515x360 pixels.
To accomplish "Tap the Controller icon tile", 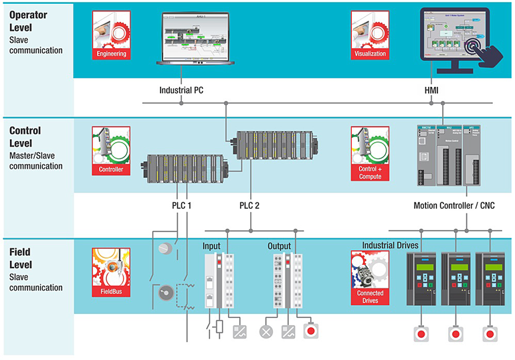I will point(111,151).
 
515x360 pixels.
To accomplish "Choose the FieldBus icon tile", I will point(111,272).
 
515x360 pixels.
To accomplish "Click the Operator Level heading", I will point(31,23).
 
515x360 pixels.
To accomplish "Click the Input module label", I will point(211,246).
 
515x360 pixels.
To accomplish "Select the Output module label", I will point(279,246).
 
